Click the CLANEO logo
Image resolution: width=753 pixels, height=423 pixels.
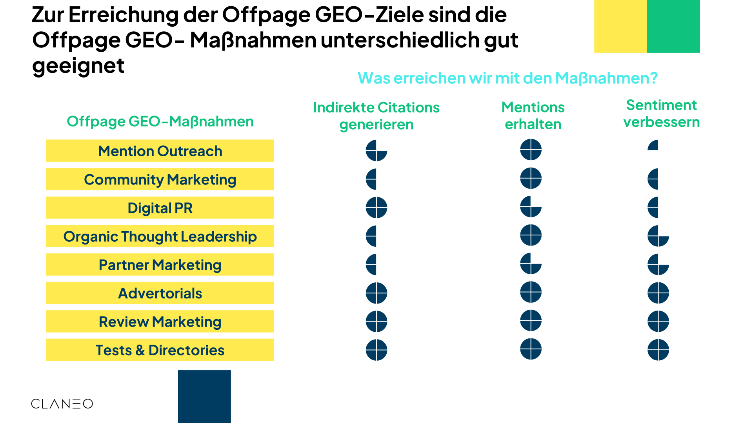62,403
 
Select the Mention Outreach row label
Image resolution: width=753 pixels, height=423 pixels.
160,151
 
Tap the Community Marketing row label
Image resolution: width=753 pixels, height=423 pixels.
160,179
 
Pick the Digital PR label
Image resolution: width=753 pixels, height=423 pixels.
160,208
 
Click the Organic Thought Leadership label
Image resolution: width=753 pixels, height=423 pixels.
160,236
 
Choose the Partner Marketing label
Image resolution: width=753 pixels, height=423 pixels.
160,265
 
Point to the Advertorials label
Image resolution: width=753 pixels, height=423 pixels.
160,293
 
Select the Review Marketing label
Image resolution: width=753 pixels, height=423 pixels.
160,322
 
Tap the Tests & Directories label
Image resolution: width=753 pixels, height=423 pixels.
160,350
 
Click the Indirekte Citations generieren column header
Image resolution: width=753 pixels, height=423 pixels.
376,116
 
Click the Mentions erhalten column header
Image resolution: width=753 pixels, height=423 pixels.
533,116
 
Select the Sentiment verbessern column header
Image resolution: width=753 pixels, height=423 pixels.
661,114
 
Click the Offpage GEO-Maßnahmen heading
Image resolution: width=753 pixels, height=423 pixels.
160,121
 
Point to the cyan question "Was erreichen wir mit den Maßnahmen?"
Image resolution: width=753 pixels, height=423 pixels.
507,78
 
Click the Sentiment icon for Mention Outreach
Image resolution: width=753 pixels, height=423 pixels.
654,146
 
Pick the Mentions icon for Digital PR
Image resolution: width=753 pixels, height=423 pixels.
531,207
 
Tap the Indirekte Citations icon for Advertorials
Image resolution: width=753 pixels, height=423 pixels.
376,293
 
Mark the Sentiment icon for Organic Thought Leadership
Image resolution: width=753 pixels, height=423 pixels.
658,236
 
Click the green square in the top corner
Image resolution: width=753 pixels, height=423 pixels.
673,26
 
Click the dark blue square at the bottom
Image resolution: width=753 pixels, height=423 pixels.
204,396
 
